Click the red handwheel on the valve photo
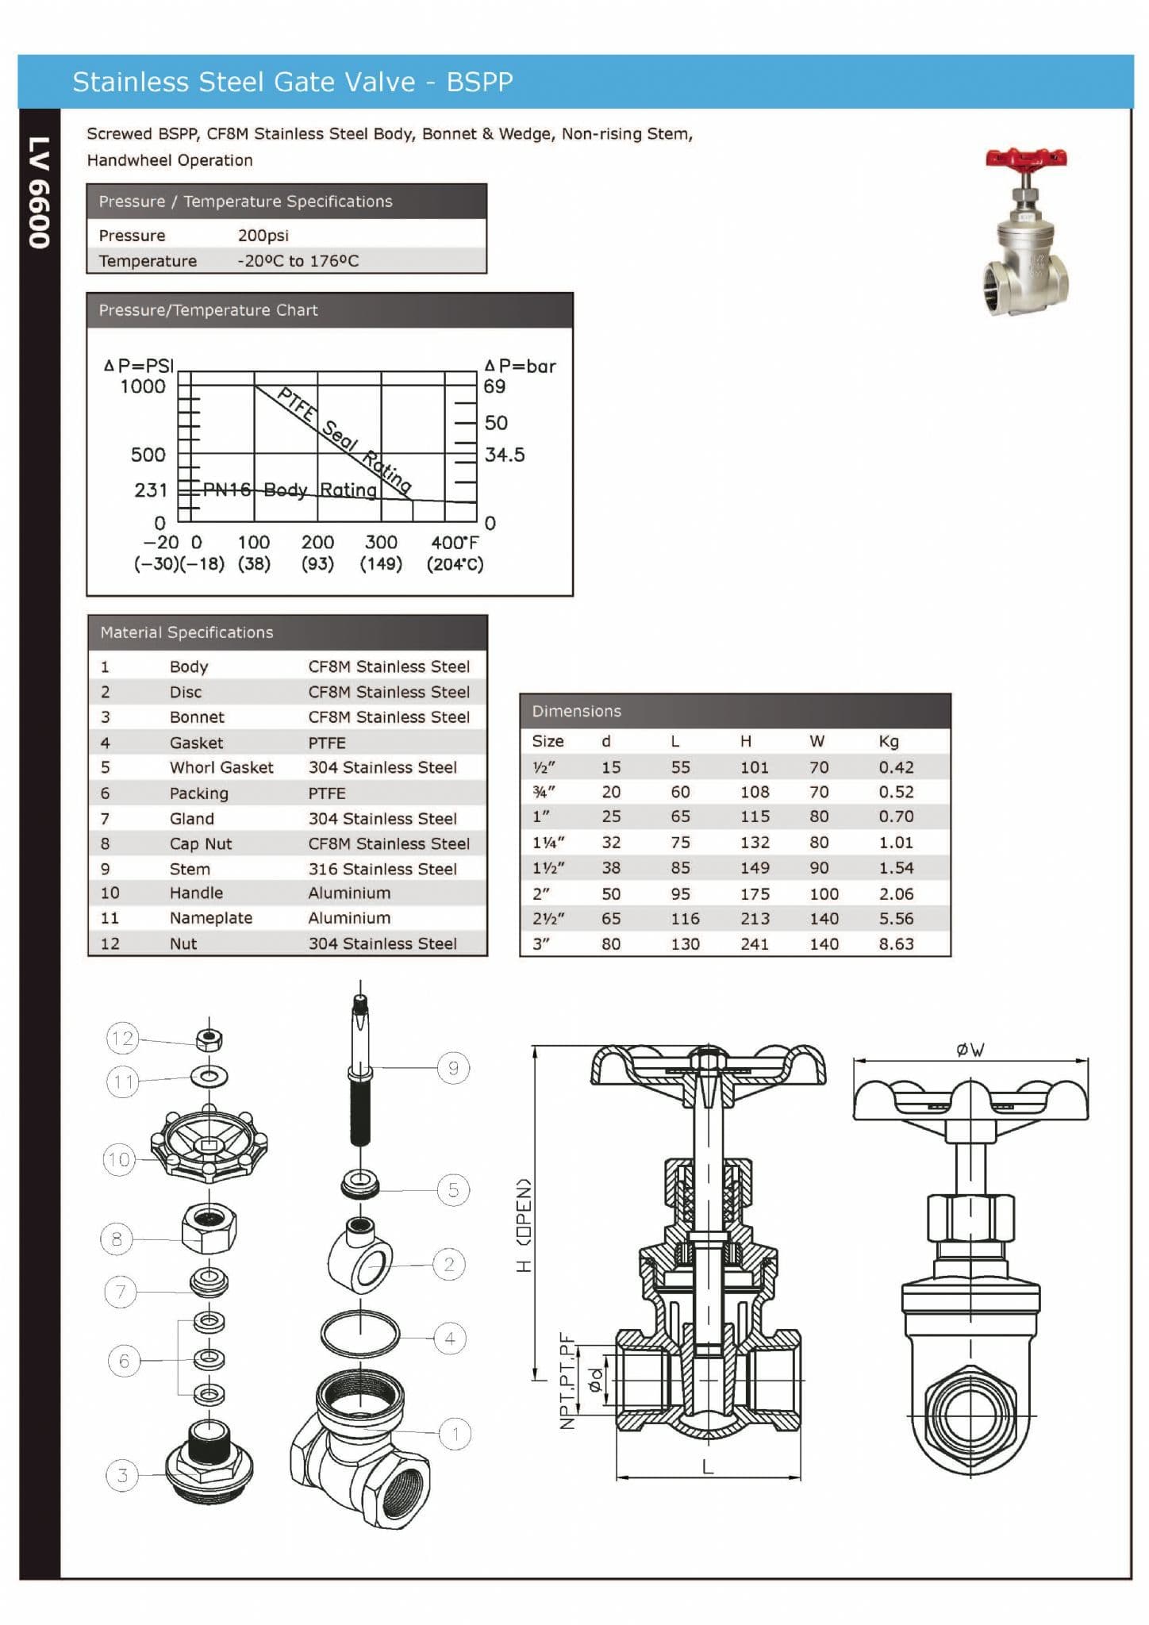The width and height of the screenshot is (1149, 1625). pyautogui.click(x=1026, y=158)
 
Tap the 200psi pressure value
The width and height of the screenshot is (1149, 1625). pyautogui.click(x=263, y=236)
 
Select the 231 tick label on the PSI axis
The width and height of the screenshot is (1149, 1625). pyautogui.click(x=151, y=490)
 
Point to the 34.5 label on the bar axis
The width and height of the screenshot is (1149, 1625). pyautogui.click(x=505, y=455)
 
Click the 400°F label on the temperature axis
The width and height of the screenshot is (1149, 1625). pyautogui.click(x=455, y=543)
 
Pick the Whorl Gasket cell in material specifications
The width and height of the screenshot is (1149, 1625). pyautogui.click(x=221, y=767)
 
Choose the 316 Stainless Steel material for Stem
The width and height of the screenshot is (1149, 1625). pyautogui.click(x=382, y=869)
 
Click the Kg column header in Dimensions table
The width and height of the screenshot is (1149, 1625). pyautogui.click(x=889, y=741)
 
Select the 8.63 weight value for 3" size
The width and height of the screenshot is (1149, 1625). pyautogui.click(x=896, y=944)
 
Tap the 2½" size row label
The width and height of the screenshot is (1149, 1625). pyautogui.click(x=548, y=919)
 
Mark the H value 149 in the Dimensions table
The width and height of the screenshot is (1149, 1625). pyautogui.click(x=755, y=868)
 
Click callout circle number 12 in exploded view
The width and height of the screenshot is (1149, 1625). pyautogui.click(x=123, y=1038)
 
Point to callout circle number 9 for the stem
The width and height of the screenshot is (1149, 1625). pyautogui.click(x=453, y=1068)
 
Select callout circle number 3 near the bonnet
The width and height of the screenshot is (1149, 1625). pyautogui.click(x=122, y=1475)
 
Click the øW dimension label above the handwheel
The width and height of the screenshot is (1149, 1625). pyautogui.click(x=970, y=1050)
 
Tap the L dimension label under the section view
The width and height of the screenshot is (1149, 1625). pyautogui.click(x=708, y=1466)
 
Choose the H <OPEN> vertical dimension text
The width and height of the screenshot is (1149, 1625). pyautogui.click(x=525, y=1226)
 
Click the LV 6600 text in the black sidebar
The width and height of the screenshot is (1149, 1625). pyautogui.click(x=39, y=193)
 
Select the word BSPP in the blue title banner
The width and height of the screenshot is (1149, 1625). pyautogui.click(x=479, y=82)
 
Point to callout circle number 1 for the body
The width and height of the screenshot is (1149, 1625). pyautogui.click(x=455, y=1434)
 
